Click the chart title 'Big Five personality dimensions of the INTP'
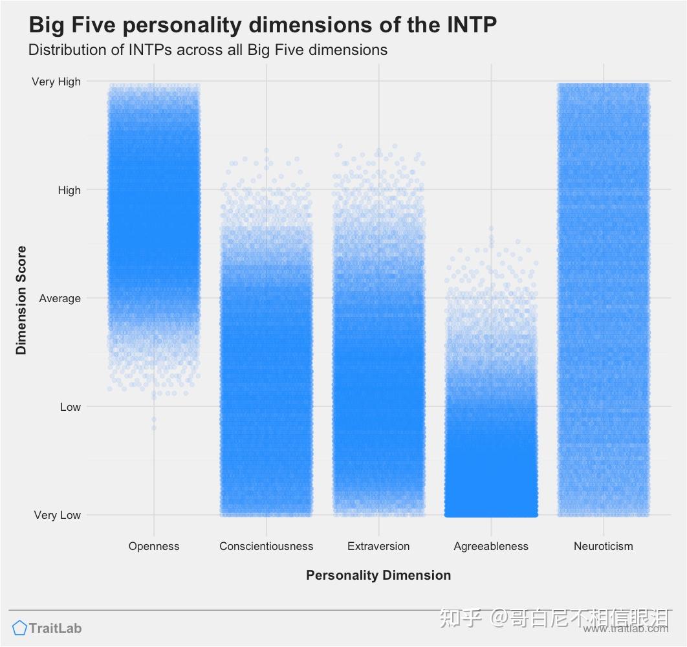coord(263,25)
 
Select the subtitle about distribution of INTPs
coord(208,50)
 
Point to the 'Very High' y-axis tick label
coord(56,82)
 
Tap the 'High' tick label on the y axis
coord(69,190)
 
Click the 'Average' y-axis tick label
coord(60,298)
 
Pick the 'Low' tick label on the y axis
coord(71,407)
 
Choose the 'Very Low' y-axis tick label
coord(58,515)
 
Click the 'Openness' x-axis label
coord(154,546)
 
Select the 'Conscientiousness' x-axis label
coord(266,546)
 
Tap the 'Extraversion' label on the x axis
coord(378,546)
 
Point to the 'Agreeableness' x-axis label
coord(491,546)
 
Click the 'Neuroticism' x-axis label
coord(603,546)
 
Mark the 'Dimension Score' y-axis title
coord(22,300)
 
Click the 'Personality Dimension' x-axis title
coord(378,575)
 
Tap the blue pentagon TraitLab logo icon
coord(19,628)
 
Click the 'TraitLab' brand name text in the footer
coord(56,628)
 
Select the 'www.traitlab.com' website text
coord(625,629)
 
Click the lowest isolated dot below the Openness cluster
coord(154,427)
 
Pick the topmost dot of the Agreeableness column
coord(491,228)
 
